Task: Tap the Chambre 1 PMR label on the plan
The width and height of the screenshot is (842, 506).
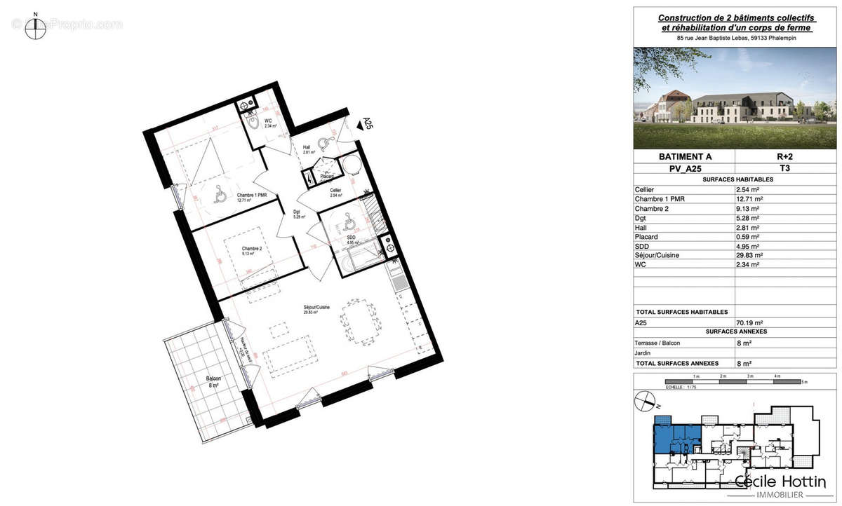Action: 235,197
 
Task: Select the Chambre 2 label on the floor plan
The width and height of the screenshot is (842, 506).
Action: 251,251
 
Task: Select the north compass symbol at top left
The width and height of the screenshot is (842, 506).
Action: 35,27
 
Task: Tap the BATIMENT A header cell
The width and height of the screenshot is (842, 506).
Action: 683,158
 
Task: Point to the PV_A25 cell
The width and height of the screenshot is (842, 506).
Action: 683,169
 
